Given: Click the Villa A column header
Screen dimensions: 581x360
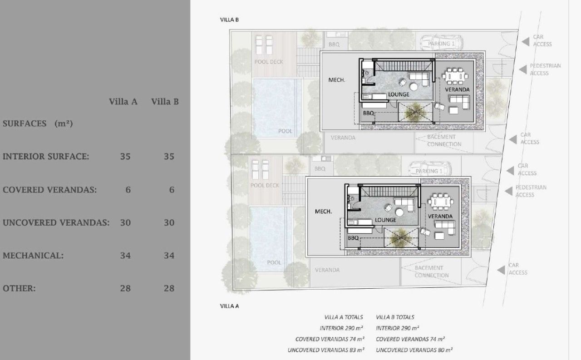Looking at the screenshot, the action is pos(123,102).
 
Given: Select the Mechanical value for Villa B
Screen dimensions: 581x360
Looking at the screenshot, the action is pos(169,256).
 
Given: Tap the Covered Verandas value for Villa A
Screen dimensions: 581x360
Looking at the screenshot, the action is pos(128,190).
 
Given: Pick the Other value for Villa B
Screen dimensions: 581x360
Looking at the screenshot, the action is pos(169,288).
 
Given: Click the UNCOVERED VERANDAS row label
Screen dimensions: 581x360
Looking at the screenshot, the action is pos(56,222).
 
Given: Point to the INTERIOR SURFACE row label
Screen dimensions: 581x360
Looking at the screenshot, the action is pos(46,157).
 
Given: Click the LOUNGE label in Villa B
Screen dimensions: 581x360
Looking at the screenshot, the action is pos(399,94).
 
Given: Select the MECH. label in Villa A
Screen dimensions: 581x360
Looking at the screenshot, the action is pos(324,212).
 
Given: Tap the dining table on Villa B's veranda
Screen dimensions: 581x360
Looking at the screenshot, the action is pos(455,76).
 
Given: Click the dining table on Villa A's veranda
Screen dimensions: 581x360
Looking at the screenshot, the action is pos(441,202).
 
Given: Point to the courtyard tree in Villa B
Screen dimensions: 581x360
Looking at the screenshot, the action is pos(415,113).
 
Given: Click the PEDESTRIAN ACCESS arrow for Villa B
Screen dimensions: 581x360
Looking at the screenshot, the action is pos(523,69).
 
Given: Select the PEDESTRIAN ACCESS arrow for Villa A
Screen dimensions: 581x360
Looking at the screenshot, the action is pos(509,191).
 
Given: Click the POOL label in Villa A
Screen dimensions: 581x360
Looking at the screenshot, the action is pos(274,262).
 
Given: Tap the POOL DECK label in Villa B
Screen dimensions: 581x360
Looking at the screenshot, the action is pos(268,62).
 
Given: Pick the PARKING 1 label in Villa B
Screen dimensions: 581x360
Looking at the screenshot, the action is pos(441,44).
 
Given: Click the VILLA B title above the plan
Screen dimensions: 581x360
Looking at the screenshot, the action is pos(229,20).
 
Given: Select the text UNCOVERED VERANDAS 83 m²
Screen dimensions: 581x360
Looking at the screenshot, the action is pos(326,350).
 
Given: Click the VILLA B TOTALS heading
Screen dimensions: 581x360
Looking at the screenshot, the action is pos(395,317).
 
